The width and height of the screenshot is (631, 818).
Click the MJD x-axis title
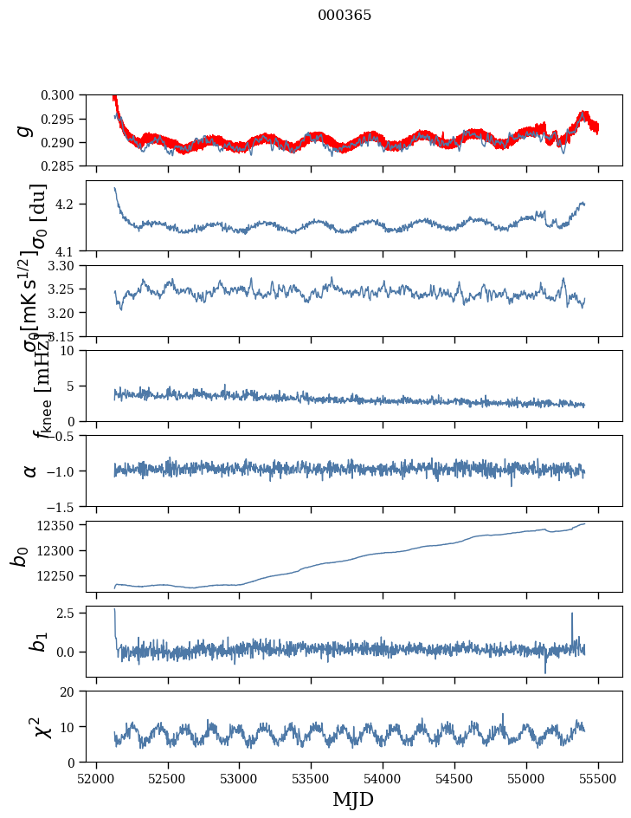(353, 800)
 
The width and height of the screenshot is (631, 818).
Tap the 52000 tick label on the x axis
(96, 777)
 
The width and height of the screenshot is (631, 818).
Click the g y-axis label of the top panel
(25, 130)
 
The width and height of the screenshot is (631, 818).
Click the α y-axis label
(30, 471)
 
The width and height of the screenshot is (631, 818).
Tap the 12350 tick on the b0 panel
(62, 525)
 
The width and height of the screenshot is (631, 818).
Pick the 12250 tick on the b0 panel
(62, 575)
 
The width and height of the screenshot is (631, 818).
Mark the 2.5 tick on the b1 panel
(72, 613)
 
